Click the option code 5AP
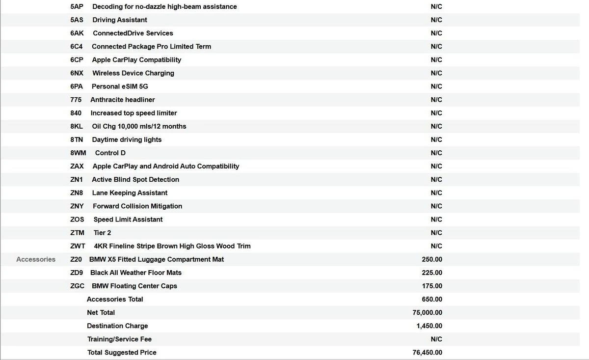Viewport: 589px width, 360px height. tap(77, 7)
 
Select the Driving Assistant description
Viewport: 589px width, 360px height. tap(120, 20)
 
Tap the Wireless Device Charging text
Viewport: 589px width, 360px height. tap(133, 73)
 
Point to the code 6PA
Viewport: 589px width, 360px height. tap(77, 86)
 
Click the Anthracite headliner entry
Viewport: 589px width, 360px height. tap(123, 100)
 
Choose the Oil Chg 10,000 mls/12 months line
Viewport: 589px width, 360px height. tap(139, 126)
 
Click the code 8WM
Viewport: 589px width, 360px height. tap(78, 153)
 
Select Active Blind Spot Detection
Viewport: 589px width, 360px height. tap(135, 180)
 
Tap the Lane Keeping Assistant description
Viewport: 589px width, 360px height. tap(130, 193)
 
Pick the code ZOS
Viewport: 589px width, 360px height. tap(77, 220)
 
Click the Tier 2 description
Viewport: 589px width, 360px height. tap(102, 233)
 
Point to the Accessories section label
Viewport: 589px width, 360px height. tap(36, 259)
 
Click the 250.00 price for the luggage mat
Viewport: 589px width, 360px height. tap(432, 259)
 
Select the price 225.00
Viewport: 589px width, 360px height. tap(432, 273)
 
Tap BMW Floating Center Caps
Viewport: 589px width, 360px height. tap(134, 286)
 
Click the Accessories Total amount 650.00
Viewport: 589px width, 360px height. tap(432, 299)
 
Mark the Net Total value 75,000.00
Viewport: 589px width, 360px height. tap(428, 312)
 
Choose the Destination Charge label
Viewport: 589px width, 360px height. tap(117, 326)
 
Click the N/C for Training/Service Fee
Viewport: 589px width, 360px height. tap(436, 339)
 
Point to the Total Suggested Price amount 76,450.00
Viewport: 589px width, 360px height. tap(428, 353)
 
